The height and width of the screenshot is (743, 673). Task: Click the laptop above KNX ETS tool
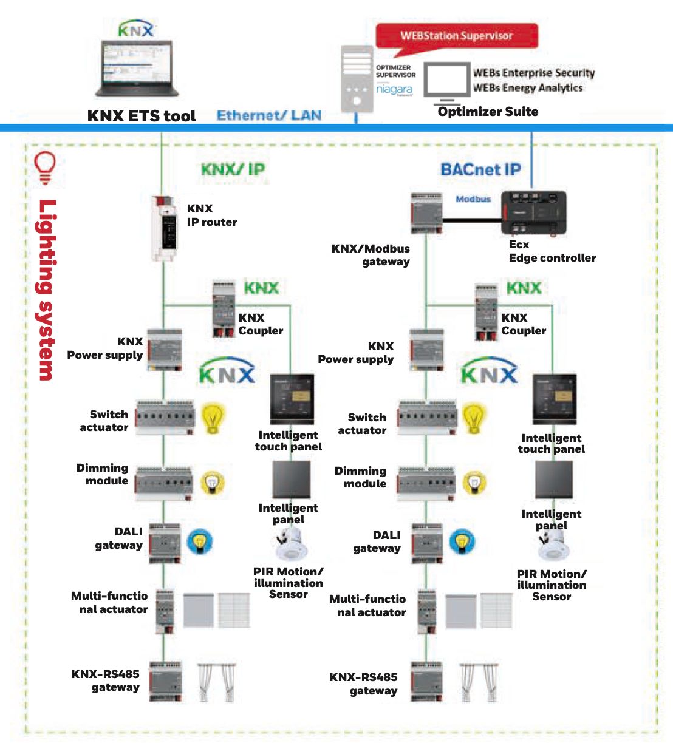(137, 68)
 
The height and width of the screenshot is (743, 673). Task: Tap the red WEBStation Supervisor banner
(457, 36)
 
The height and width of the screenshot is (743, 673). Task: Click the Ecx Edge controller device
(533, 212)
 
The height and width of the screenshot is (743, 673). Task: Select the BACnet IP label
(480, 169)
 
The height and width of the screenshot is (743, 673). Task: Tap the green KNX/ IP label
(233, 169)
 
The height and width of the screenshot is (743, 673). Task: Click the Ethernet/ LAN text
(269, 115)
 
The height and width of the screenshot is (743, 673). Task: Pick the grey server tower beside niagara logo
(357, 78)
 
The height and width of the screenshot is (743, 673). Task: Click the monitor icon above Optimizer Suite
(446, 82)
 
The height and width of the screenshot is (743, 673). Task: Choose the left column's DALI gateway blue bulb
(199, 541)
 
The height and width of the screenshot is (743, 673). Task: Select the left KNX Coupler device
(224, 309)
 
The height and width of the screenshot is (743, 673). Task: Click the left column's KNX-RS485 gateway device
(165, 682)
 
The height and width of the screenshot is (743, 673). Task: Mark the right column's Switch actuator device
(427, 418)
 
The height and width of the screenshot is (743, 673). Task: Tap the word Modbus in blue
(473, 199)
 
